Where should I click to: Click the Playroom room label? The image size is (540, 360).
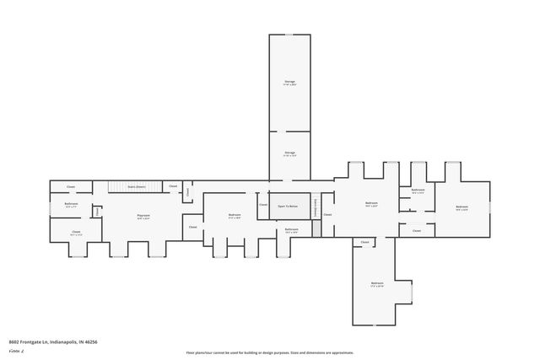(x=144, y=217)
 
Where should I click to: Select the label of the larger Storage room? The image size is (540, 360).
(x=289, y=83)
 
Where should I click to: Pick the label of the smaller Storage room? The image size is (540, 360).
(x=289, y=154)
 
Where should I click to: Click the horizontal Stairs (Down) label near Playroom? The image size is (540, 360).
(x=137, y=186)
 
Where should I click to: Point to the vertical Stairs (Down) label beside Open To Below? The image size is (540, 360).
(x=316, y=207)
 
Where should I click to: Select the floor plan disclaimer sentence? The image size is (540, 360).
(x=269, y=353)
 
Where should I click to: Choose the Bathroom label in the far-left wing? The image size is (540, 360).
(x=71, y=204)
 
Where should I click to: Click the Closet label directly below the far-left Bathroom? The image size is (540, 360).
(x=75, y=232)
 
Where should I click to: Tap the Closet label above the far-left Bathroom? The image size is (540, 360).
(x=71, y=186)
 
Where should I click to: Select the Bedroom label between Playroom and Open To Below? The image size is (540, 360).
(x=235, y=216)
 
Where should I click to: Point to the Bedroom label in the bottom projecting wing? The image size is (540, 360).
(x=377, y=284)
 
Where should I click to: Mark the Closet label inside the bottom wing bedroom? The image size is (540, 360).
(x=365, y=242)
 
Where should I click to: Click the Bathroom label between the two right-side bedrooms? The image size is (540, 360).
(x=418, y=191)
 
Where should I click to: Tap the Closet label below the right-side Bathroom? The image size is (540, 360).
(x=417, y=229)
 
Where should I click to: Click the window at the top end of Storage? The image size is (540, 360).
(x=289, y=35)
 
